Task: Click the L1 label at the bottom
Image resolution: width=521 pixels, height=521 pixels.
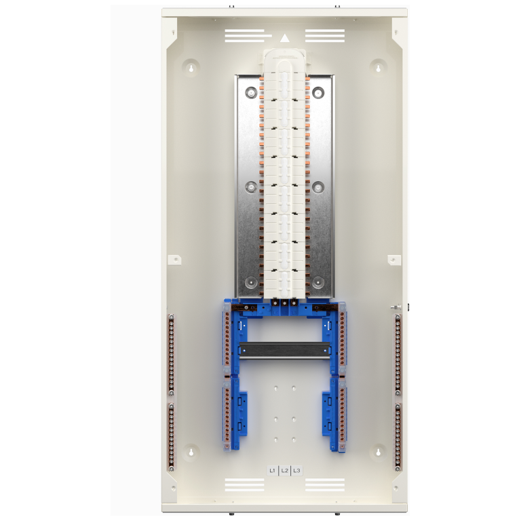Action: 272,469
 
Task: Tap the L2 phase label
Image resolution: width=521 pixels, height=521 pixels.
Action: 285,469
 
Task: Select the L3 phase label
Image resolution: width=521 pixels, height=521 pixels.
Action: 297,469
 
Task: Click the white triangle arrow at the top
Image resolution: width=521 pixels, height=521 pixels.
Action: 285,38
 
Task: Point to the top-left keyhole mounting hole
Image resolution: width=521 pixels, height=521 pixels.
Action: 192,68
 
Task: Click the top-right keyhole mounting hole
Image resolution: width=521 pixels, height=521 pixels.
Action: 377,68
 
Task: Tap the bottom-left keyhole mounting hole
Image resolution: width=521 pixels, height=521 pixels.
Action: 192,451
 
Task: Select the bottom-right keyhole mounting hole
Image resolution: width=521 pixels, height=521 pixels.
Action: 377,451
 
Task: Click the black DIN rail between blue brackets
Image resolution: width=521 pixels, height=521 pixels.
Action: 285,349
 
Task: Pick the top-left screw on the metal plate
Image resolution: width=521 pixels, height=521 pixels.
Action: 252,91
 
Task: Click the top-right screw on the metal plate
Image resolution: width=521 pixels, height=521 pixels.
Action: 317,91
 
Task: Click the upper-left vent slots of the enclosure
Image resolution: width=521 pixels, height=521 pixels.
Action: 244,35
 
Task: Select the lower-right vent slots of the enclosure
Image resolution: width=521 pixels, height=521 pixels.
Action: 325,484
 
